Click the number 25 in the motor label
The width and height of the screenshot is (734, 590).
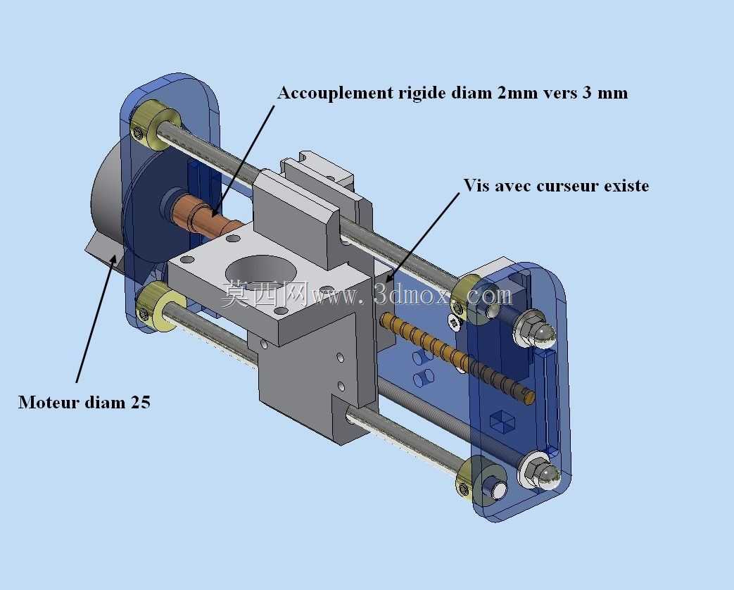141,402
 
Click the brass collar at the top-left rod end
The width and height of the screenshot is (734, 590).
154,125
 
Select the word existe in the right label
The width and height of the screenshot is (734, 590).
626,186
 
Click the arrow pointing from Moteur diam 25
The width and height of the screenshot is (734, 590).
96,319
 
